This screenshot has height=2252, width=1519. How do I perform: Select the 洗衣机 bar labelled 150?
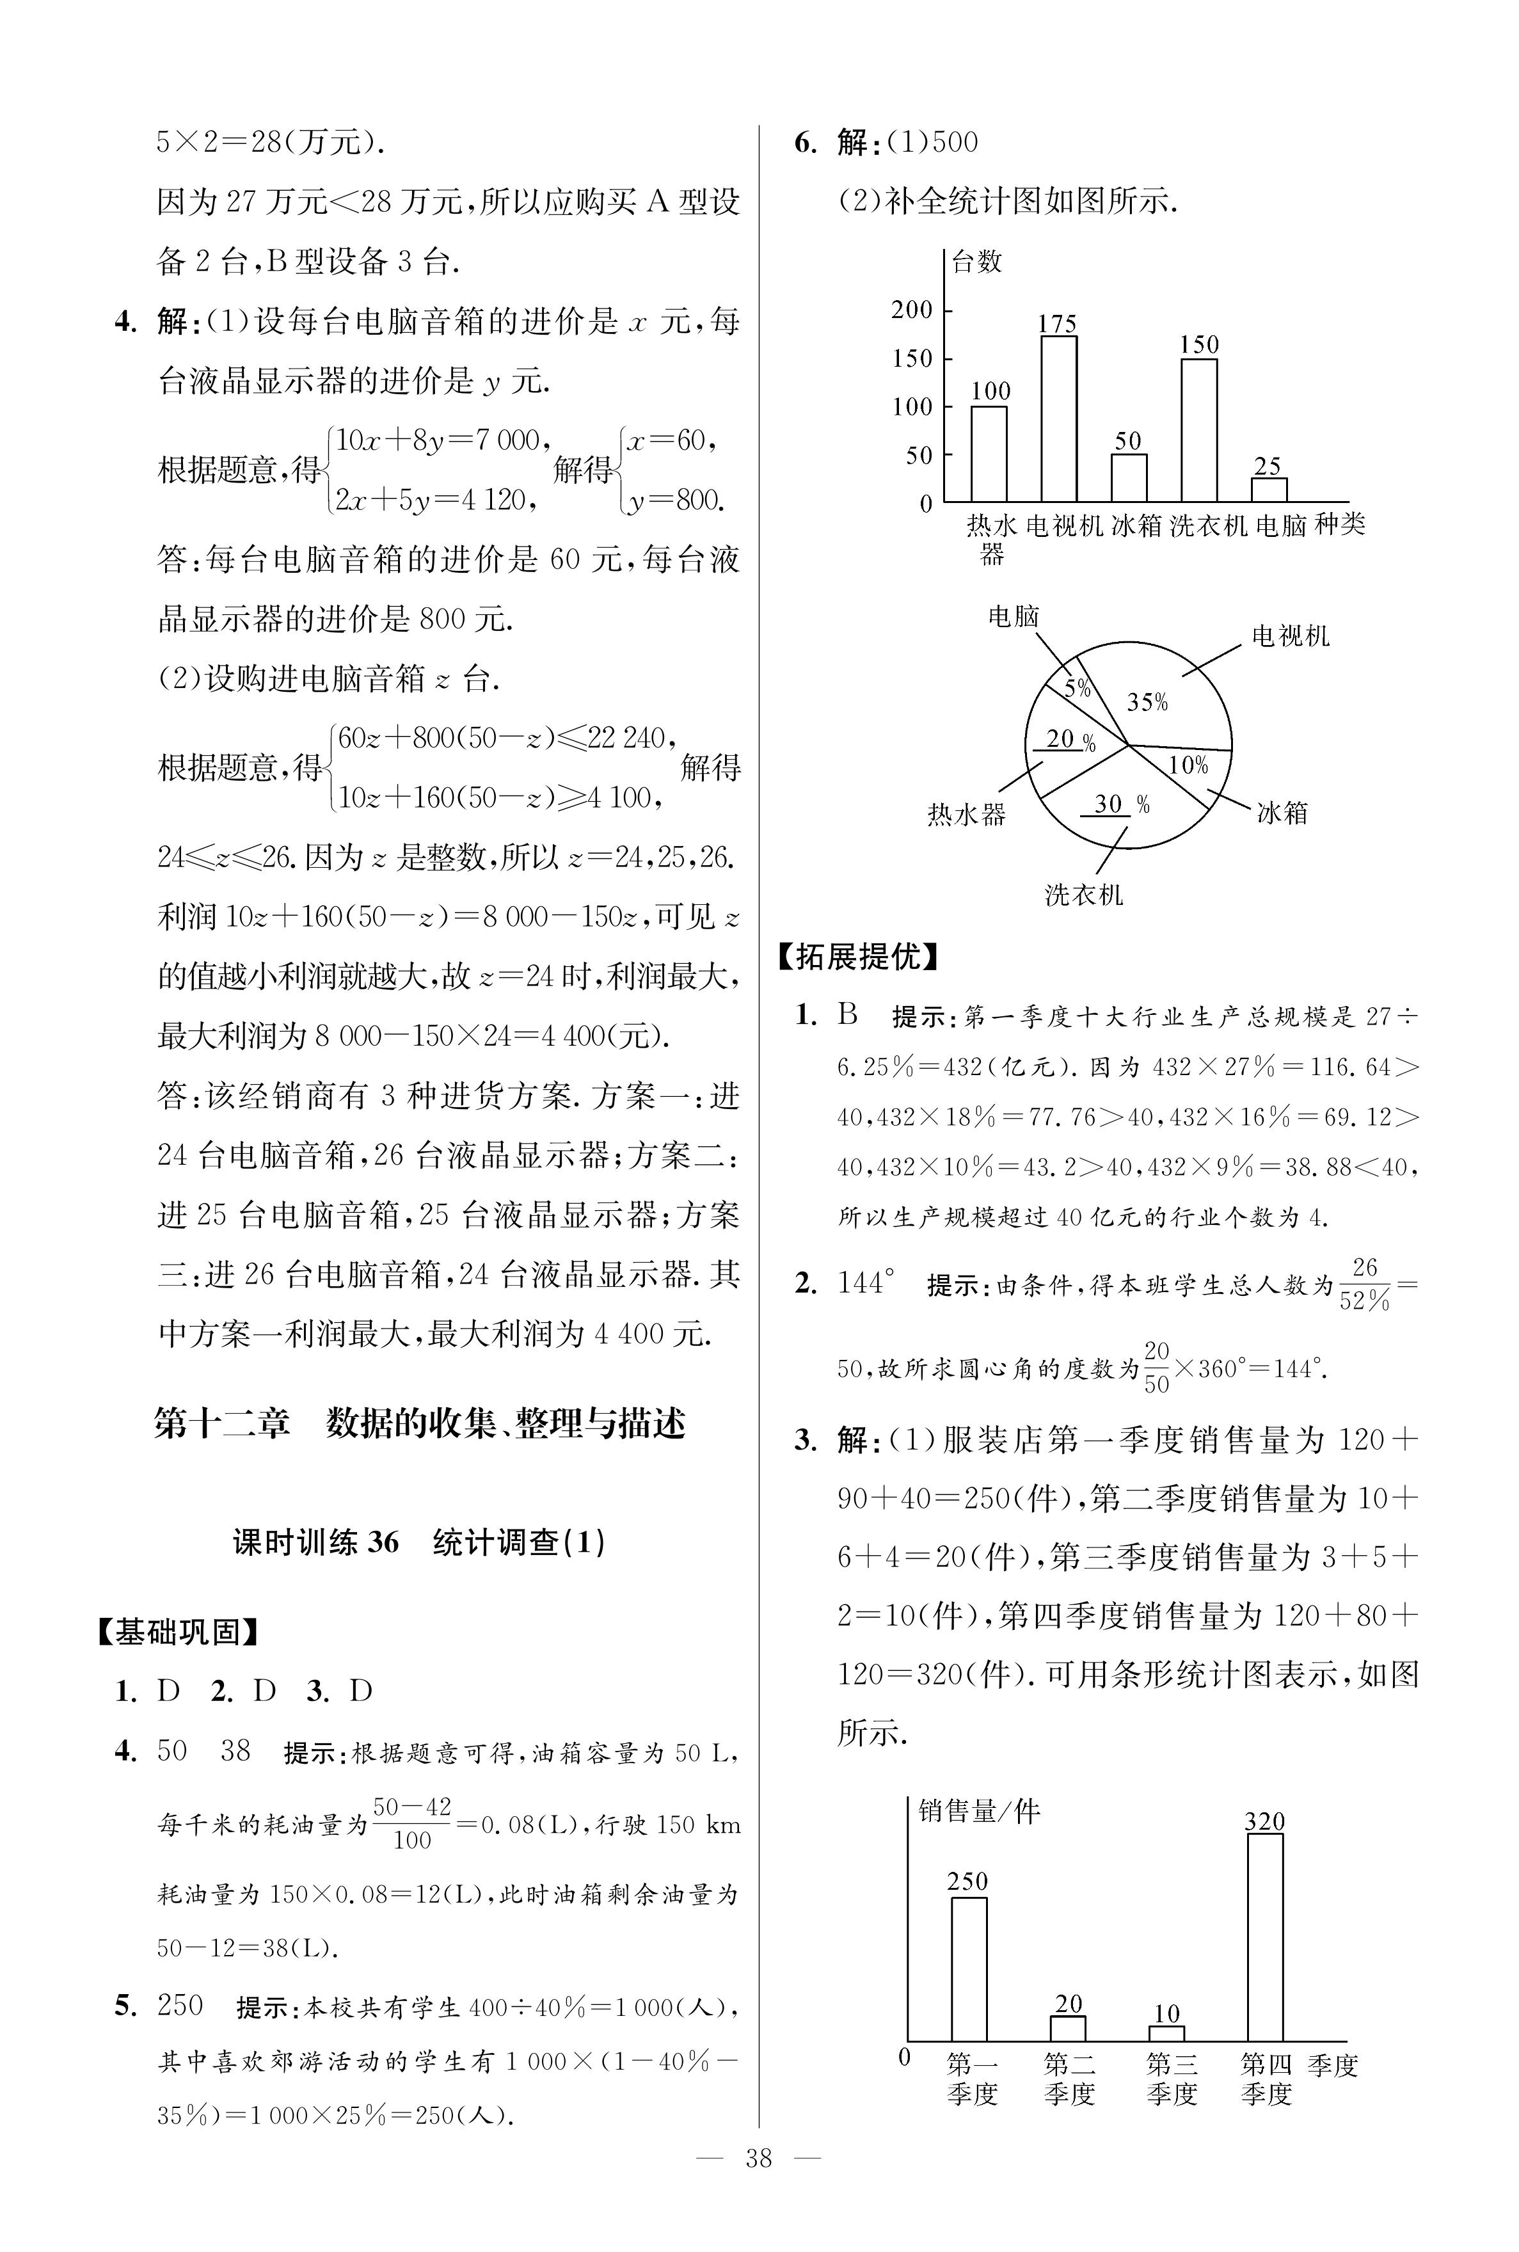click(1198, 430)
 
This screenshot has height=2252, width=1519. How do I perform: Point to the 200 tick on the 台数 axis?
click(912, 310)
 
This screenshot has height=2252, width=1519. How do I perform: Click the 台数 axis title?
click(976, 262)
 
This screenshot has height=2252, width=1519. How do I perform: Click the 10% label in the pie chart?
click(1188, 765)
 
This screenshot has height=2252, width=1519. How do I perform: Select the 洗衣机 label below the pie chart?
click(1084, 894)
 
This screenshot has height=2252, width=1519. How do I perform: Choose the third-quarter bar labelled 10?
click(1166, 2033)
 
